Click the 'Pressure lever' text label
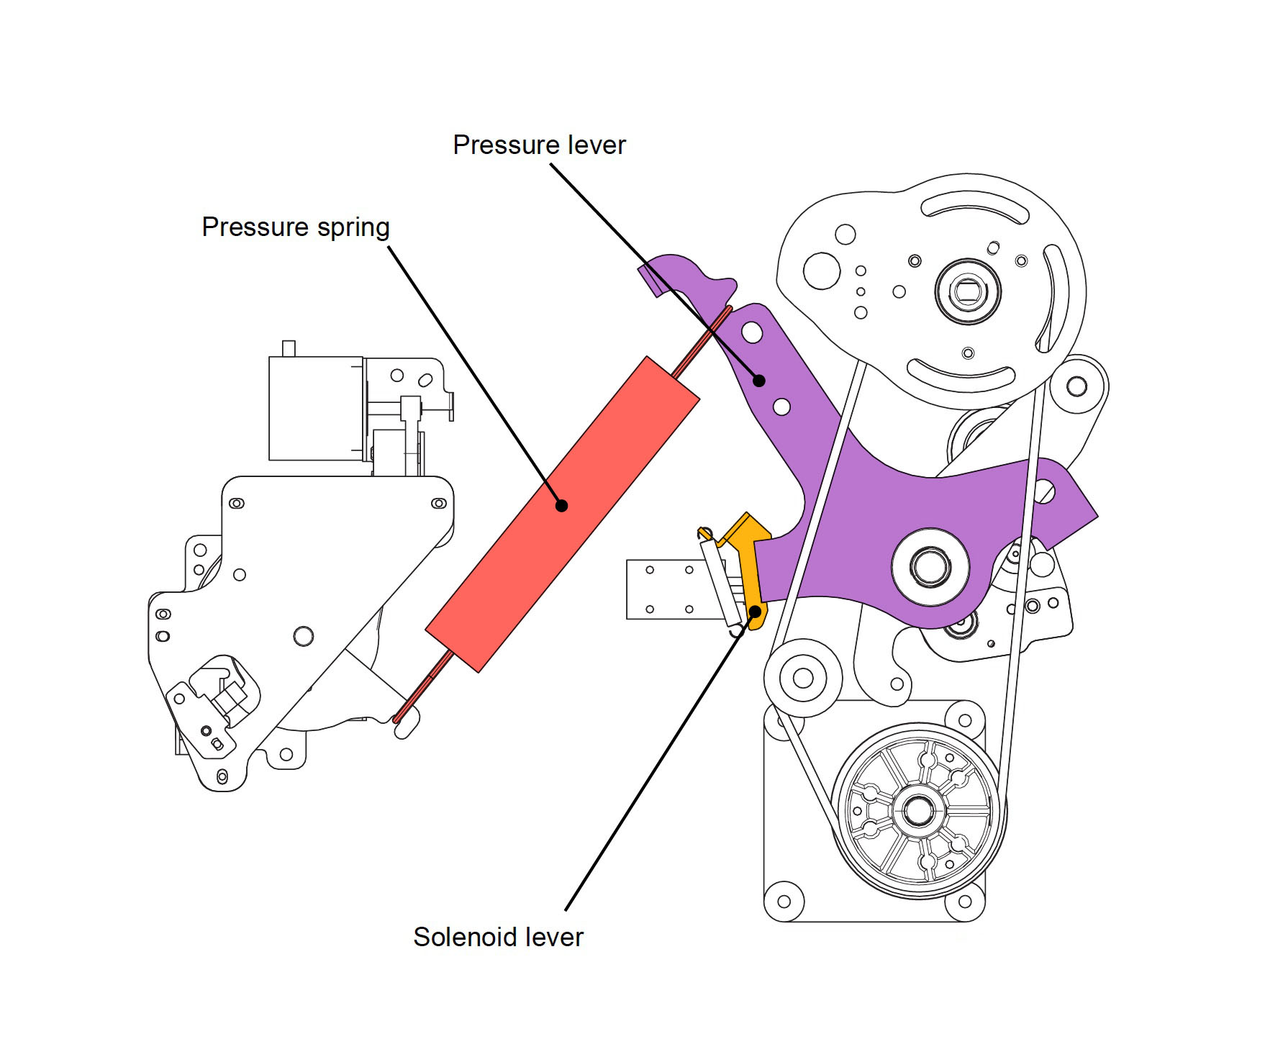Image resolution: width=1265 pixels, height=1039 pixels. tap(539, 145)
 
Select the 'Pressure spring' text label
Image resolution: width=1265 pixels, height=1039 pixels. tap(295, 227)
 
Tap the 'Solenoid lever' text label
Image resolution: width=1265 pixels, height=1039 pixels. tap(498, 937)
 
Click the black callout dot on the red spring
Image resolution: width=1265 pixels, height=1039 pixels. tap(562, 506)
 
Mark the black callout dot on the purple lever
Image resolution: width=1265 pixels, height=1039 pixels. tap(759, 381)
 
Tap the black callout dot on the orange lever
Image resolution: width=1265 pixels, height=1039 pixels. tap(755, 612)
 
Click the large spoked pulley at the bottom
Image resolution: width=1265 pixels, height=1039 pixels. tap(918, 811)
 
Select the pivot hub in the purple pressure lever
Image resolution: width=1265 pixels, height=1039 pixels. tap(930, 566)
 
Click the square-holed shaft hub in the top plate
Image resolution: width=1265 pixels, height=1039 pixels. tap(968, 291)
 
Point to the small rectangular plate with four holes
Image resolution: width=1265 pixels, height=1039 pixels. tap(666, 589)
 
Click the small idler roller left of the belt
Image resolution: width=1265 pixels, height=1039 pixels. tap(802, 677)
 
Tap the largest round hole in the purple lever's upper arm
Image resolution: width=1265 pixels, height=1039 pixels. tap(752, 332)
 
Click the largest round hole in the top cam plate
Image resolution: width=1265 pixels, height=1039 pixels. tap(822, 271)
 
